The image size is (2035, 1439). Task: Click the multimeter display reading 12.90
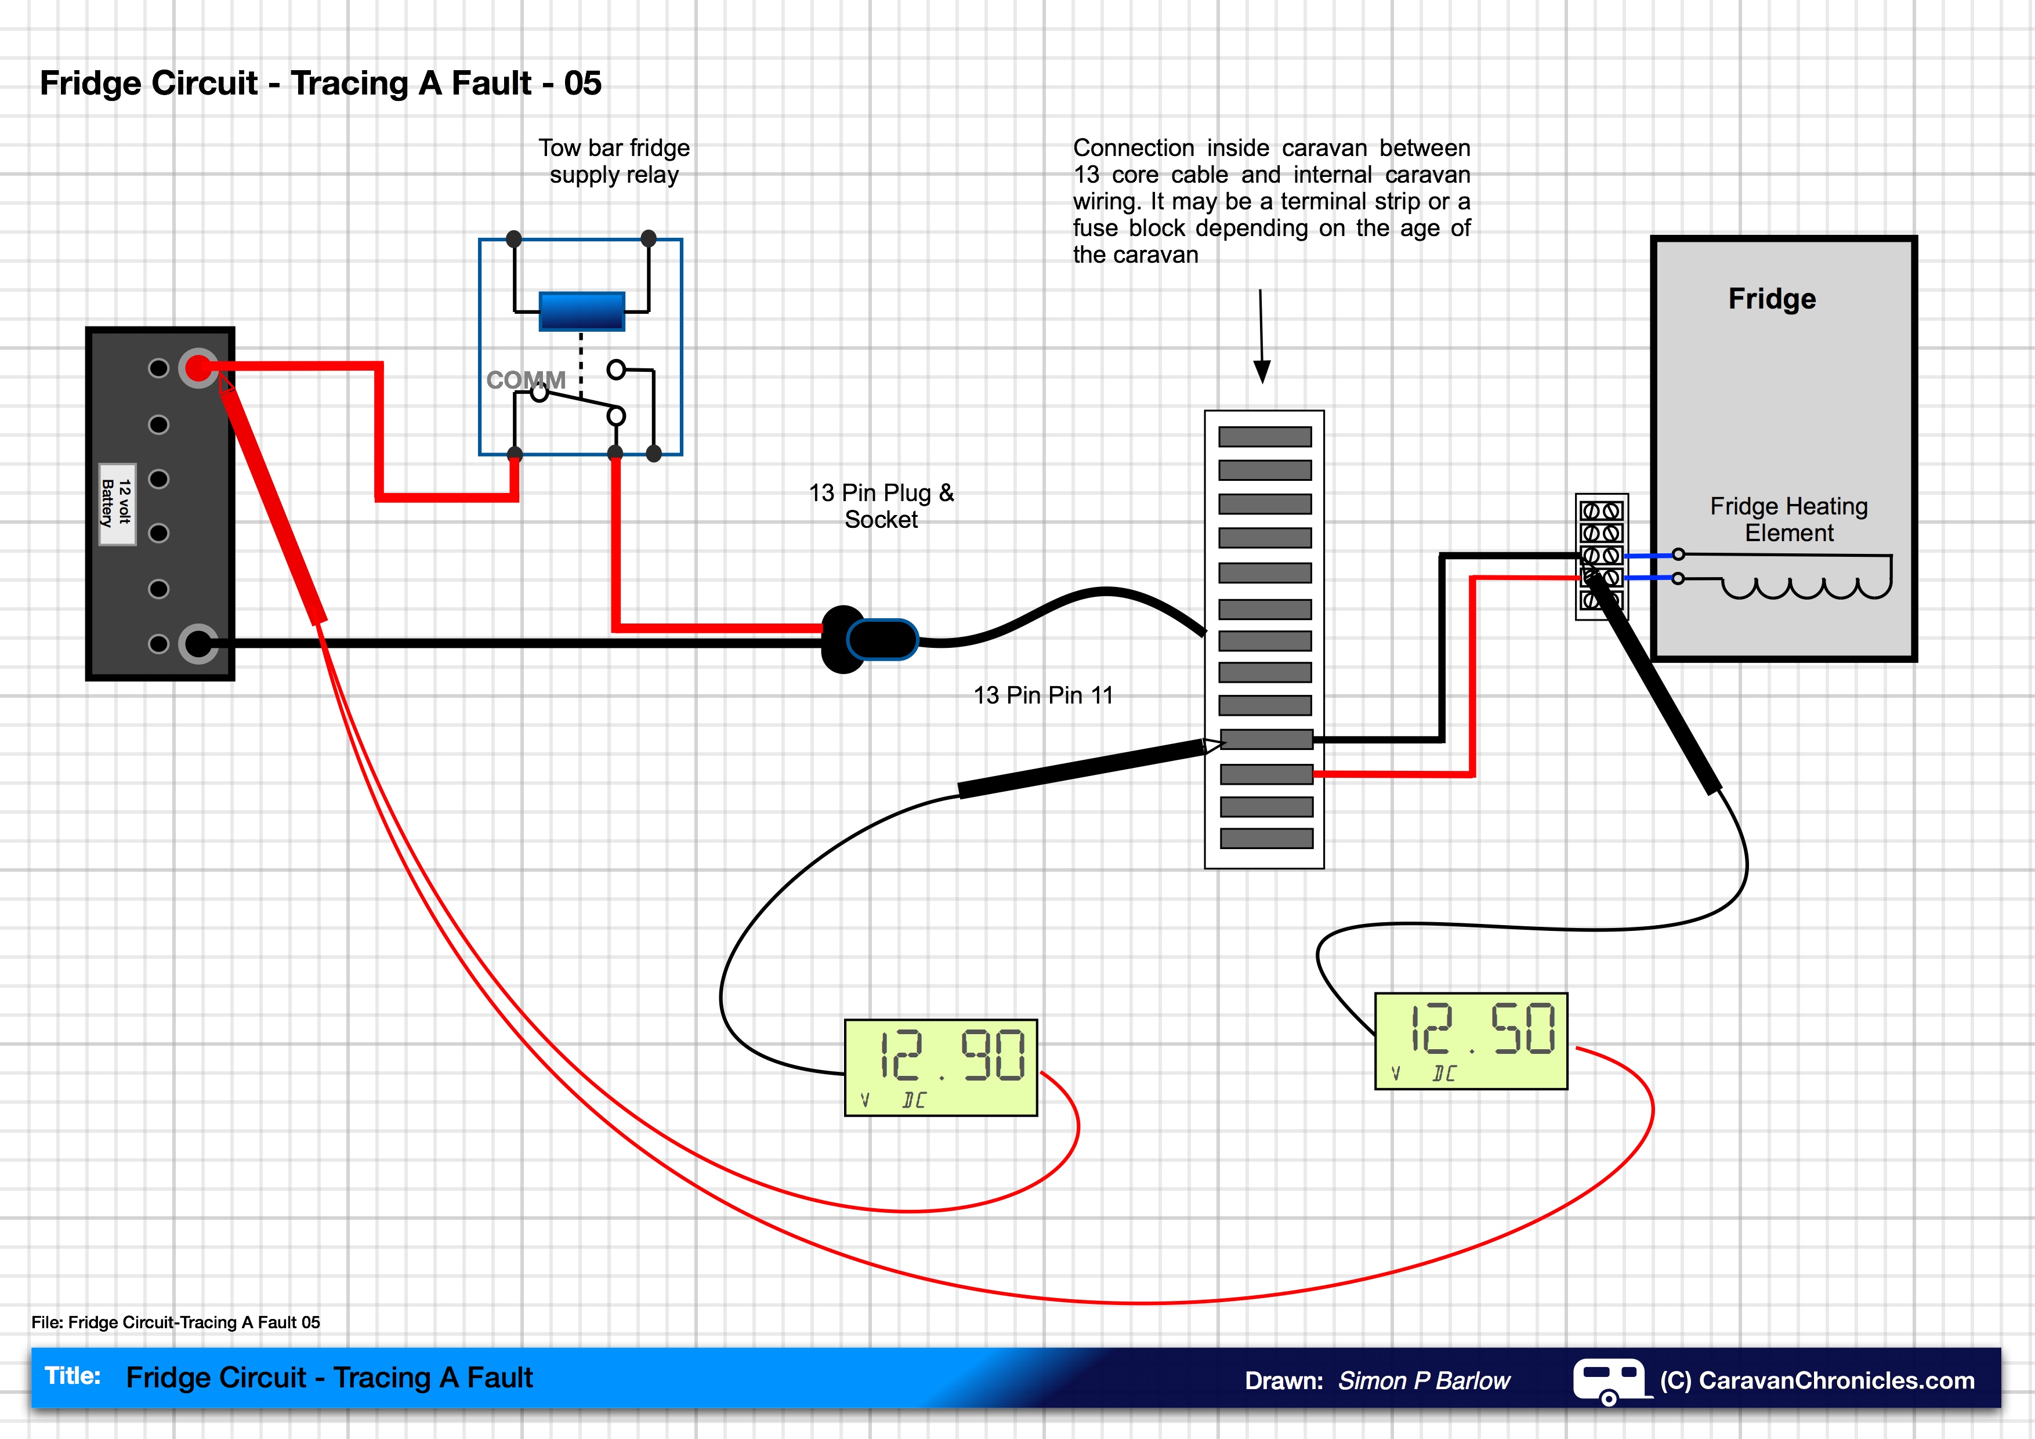pyautogui.click(x=940, y=1067)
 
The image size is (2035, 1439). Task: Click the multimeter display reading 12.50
pyautogui.click(x=1471, y=1041)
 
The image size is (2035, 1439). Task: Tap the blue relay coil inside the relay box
pyautogui.click(x=581, y=311)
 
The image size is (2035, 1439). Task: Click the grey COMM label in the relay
pyautogui.click(x=526, y=380)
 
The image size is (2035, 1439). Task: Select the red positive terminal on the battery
pyautogui.click(x=198, y=368)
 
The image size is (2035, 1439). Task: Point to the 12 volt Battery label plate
pyautogui.click(x=117, y=503)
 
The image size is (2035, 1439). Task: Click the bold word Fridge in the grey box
pyautogui.click(x=1771, y=299)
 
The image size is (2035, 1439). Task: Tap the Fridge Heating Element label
pyautogui.click(x=1788, y=519)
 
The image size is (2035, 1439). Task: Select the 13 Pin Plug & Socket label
pyautogui.click(x=881, y=505)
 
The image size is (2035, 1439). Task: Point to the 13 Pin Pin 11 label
pyautogui.click(x=1042, y=695)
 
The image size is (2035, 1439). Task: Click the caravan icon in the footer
pyautogui.click(x=1609, y=1380)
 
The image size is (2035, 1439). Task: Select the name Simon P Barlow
pyautogui.click(x=1424, y=1380)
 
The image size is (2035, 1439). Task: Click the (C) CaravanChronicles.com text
pyautogui.click(x=1817, y=1380)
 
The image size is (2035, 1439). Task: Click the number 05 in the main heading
pyautogui.click(x=582, y=84)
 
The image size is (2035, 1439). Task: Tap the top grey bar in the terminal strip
pyautogui.click(x=1264, y=436)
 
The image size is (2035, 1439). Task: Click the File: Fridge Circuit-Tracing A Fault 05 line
pyautogui.click(x=176, y=1322)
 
